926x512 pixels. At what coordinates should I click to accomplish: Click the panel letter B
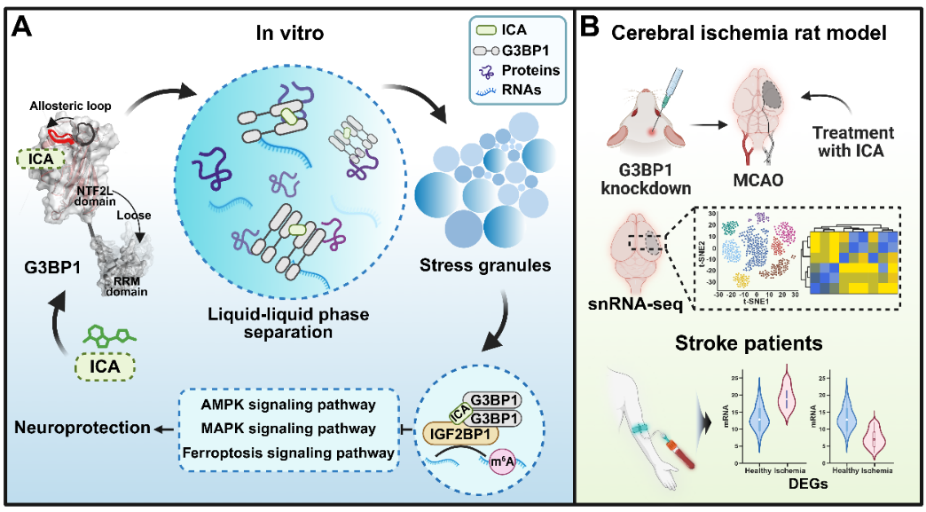point(589,27)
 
